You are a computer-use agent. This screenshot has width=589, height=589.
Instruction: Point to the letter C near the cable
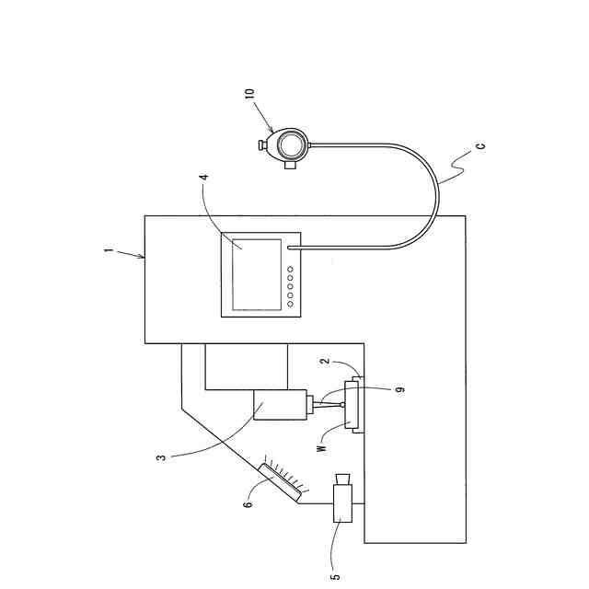tap(480, 146)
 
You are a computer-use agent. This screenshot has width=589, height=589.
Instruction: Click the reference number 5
tap(335, 576)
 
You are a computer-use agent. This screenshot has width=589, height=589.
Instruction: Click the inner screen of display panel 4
tap(257, 273)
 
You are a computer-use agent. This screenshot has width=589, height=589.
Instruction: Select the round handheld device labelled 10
tap(291, 144)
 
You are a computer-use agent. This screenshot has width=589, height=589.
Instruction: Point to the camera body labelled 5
tap(341, 505)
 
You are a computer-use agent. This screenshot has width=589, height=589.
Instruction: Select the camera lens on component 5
tap(343, 479)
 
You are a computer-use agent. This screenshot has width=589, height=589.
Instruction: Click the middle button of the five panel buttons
tap(290, 286)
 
